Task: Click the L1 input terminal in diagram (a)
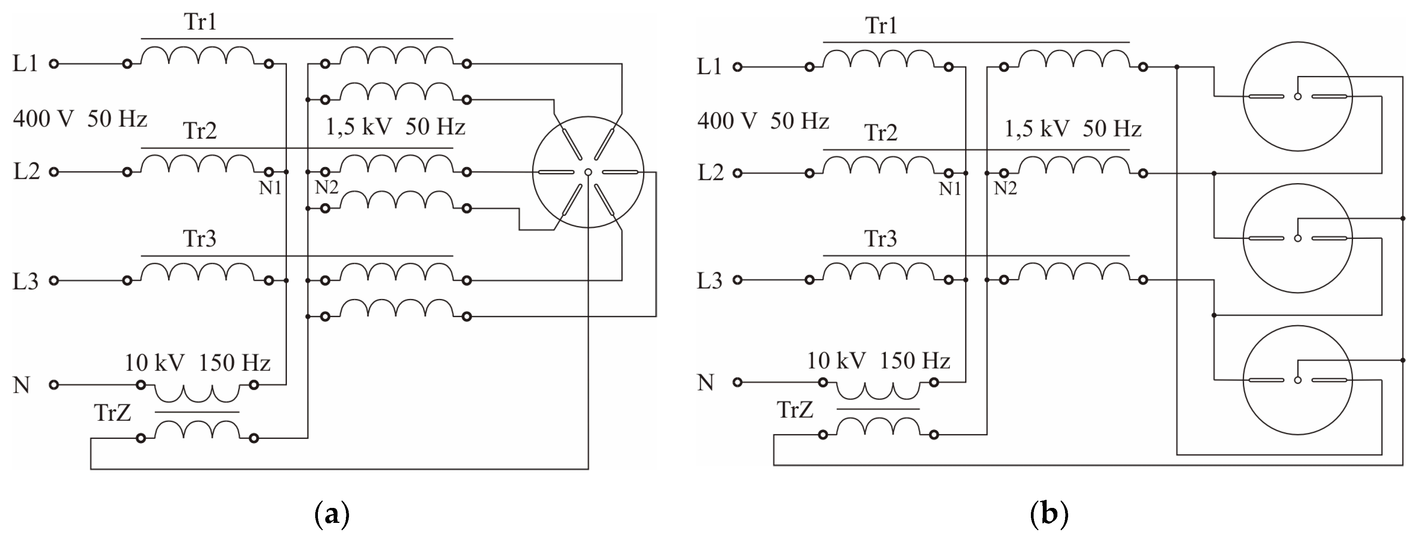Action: click(x=53, y=64)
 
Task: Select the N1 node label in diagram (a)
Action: click(x=270, y=188)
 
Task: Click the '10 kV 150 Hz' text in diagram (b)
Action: click(x=878, y=361)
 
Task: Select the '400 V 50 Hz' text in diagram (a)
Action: click(x=80, y=119)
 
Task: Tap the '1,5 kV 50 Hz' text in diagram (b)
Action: click(x=1072, y=129)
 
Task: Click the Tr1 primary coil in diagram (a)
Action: click(x=198, y=56)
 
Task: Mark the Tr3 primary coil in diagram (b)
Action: click(x=878, y=272)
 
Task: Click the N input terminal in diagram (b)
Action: click(x=738, y=382)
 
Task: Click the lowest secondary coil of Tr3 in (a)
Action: click(x=396, y=309)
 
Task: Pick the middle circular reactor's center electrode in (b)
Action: click(x=1297, y=238)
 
